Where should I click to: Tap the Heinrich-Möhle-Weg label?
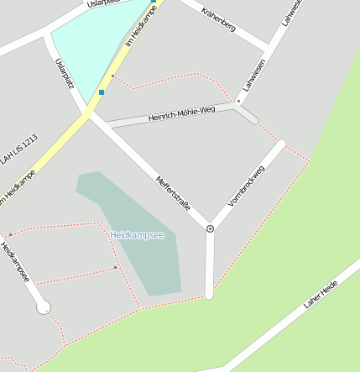pyautogui.click(x=182, y=112)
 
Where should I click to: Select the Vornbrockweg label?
pyautogui.click(x=246, y=186)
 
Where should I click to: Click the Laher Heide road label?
pyautogui.click(x=321, y=294)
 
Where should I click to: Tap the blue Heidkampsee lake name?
pyautogui.click(x=138, y=235)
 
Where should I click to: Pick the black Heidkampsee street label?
pyautogui.click(x=15, y=263)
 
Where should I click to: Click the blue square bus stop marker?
pyautogui.click(x=102, y=92)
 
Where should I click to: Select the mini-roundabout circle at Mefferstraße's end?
pyautogui.click(x=210, y=228)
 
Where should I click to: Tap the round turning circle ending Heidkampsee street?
pyautogui.click(x=44, y=307)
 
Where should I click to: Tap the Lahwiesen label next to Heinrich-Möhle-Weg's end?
pyautogui.click(x=253, y=75)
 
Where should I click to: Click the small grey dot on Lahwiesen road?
pyautogui.click(x=238, y=102)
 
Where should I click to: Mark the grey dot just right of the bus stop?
pyautogui.click(x=113, y=76)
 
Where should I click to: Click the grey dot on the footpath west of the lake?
pyautogui.click(x=116, y=267)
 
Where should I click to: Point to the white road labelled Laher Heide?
pyautogui.click(x=277, y=327)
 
